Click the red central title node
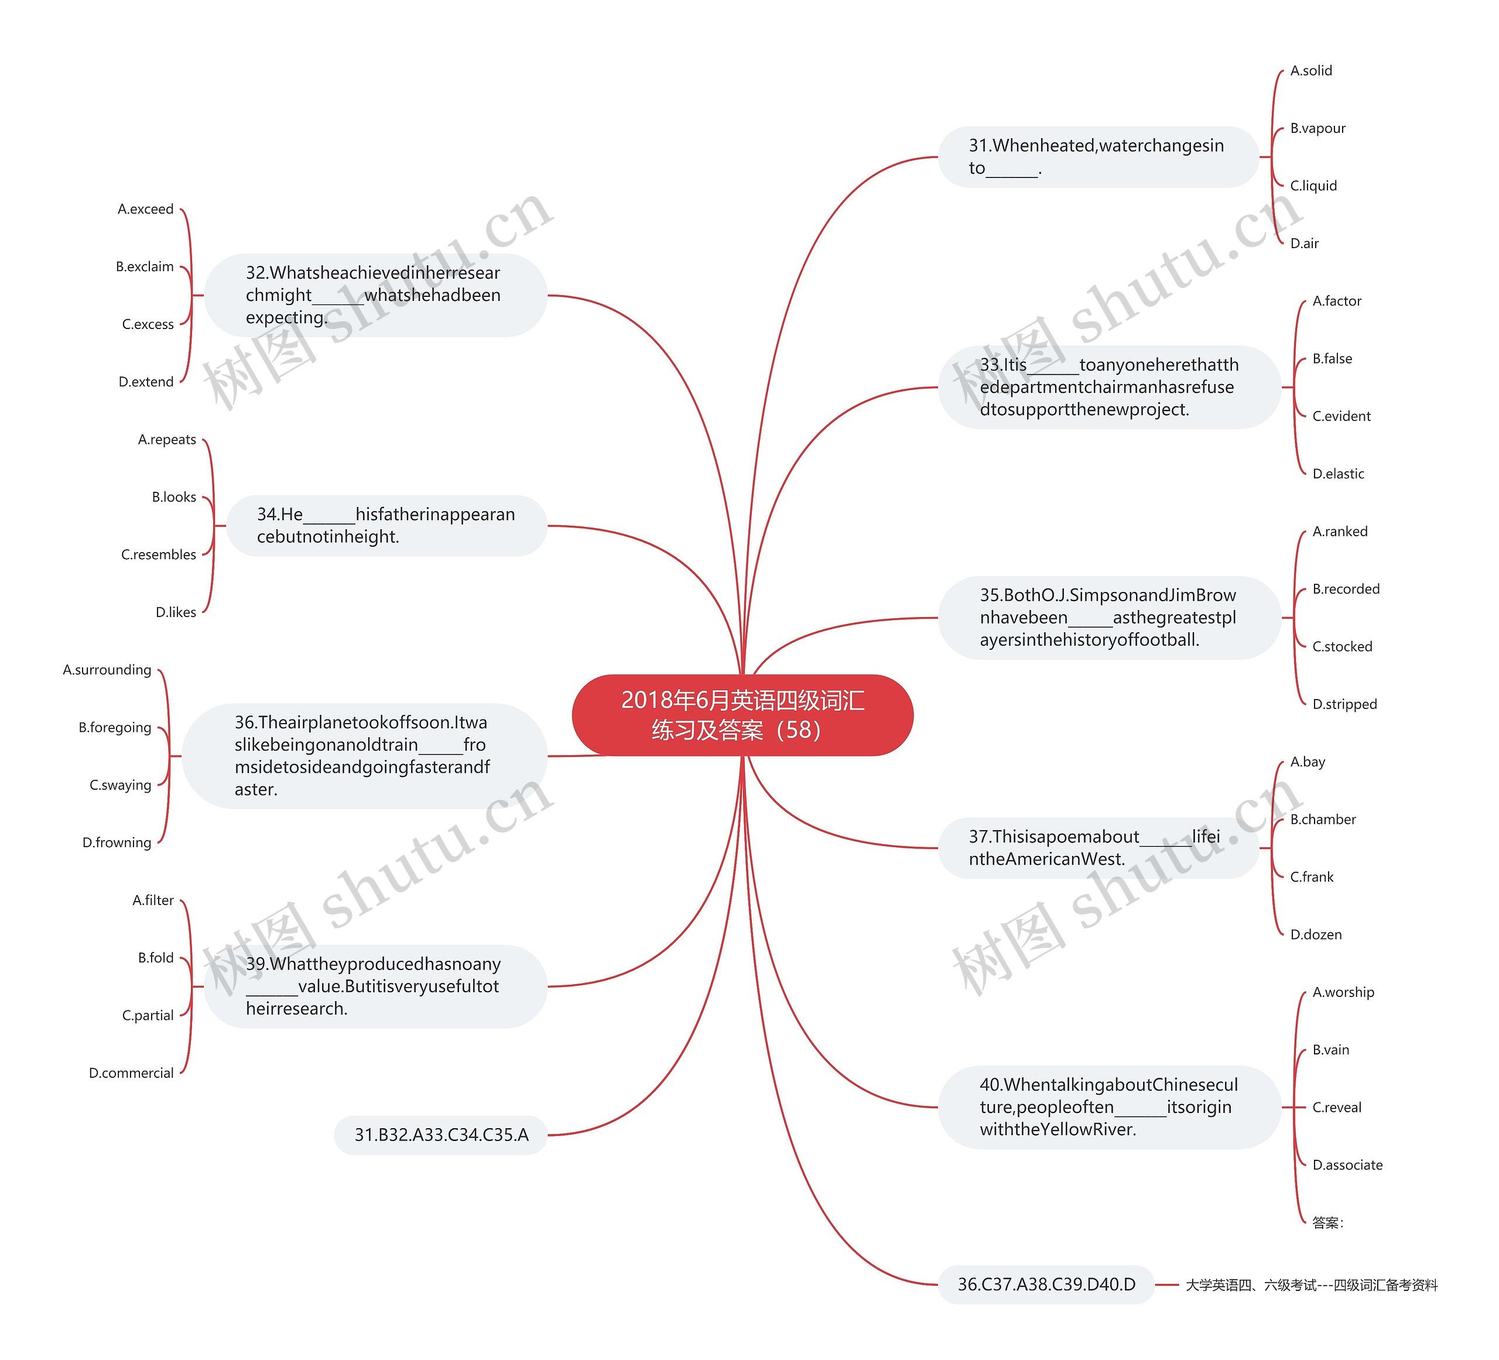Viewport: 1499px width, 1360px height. tap(742, 715)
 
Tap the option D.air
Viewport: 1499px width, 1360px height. tap(1304, 243)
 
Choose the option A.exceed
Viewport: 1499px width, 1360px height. tap(146, 209)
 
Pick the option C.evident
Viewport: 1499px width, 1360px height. tap(1341, 416)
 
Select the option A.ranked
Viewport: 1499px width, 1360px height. tap(1340, 531)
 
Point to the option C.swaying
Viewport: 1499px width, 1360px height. tap(121, 785)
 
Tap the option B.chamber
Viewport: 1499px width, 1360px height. tap(1323, 820)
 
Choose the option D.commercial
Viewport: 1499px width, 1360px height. tap(132, 1073)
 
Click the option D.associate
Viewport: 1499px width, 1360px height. tap(1347, 1164)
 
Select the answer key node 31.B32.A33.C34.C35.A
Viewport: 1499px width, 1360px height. tap(441, 1135)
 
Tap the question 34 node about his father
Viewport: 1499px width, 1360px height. tap(386, 526)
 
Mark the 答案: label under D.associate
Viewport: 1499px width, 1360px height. tap(1327, 1222)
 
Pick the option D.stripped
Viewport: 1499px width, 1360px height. tap(1344, 704)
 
